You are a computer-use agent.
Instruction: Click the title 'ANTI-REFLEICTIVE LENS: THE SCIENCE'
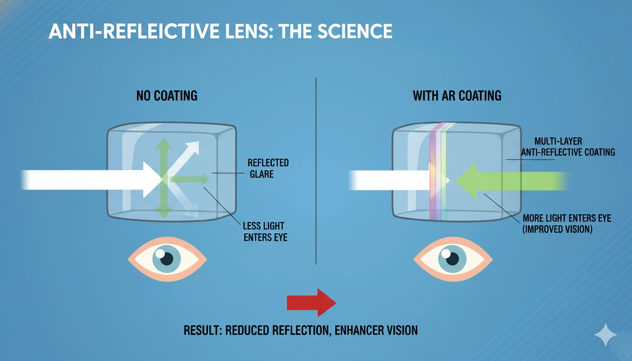(x=220, y=31)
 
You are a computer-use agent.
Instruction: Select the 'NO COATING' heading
(x=167, y=96)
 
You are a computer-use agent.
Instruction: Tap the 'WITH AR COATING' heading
(x=457, y=96)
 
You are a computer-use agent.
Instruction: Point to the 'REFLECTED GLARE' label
(x=268, y=168)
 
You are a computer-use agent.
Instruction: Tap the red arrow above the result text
(x=311, y=302)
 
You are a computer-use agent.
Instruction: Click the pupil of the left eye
(x=169, y=258)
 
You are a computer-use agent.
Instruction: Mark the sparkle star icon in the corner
(x=606, y=335)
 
